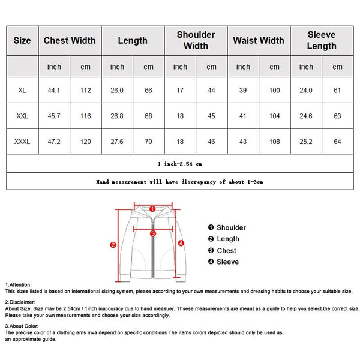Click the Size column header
22,41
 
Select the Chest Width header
70,41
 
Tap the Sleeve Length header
322,41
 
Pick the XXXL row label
22,141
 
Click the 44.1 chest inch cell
54,90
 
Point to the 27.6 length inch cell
117,141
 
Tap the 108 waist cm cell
274,141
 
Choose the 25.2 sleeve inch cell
306,141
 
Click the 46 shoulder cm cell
211,141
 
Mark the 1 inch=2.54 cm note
179,163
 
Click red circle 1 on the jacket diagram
152,209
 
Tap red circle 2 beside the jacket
113,244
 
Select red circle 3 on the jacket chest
153,233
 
